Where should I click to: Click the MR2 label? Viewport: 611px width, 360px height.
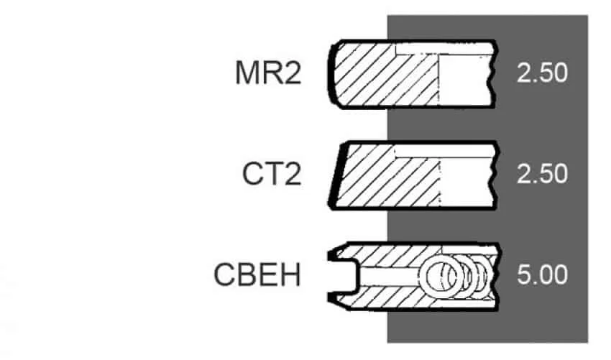pos(268,73)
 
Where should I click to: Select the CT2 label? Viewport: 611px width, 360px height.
pos(272,174)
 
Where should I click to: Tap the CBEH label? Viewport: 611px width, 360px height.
pos(257,274)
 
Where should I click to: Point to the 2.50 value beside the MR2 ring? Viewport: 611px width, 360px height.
pos(542,73)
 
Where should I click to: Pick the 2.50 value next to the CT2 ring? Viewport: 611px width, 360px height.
pos(542,174)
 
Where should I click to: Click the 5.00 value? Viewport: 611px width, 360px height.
pos(542,274)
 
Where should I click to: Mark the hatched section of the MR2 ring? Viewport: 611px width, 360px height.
pos(386,75)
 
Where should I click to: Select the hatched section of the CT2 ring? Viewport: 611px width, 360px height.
pos(387,176)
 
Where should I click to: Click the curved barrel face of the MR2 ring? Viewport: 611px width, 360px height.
pos(331,74)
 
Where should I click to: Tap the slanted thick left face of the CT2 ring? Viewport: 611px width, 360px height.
pos(337,175)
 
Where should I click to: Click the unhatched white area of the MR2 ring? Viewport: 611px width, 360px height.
pos(464,80)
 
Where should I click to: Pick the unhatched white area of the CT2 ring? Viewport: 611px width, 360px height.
pos(465,181)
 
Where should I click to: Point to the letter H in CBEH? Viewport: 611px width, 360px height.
pos(291,274)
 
